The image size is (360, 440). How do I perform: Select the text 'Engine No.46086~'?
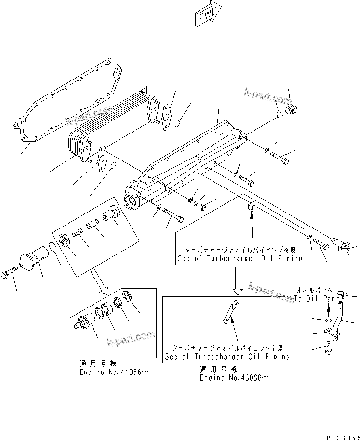pos(234,378)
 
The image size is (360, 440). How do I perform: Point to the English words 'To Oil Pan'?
pos(315,299)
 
